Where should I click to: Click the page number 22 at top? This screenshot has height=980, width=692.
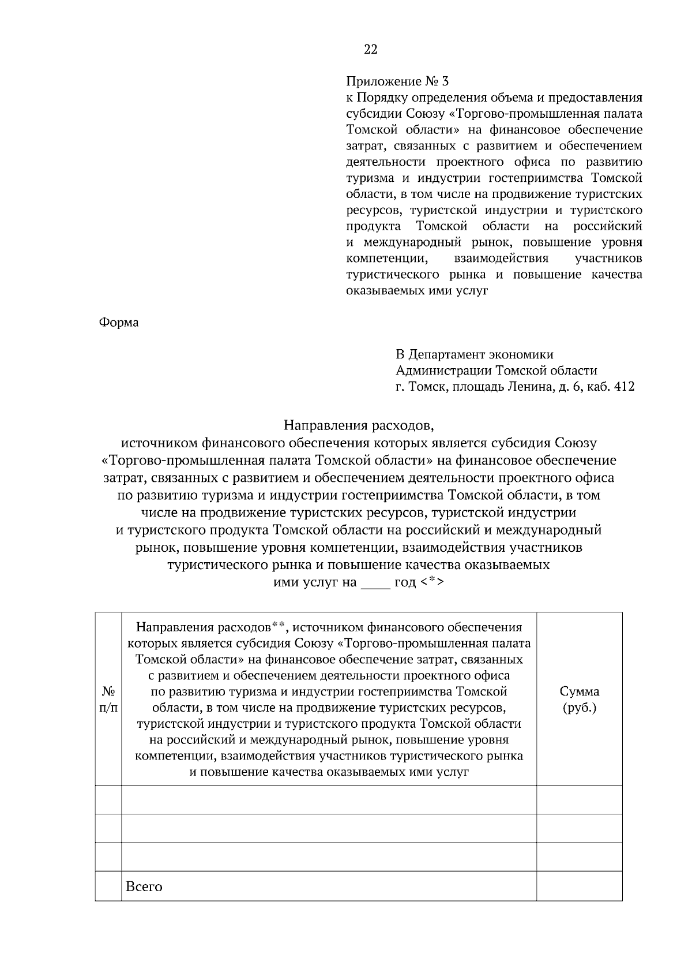371,50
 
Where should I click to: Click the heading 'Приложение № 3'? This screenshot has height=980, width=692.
397,81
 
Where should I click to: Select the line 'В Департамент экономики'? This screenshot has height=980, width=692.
474,354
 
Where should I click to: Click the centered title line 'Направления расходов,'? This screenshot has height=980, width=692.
358,427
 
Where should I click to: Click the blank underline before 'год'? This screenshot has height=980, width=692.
375,583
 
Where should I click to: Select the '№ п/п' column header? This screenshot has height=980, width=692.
108,700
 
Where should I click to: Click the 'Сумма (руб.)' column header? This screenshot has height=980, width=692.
580,700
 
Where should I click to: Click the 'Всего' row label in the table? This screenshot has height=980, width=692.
144,887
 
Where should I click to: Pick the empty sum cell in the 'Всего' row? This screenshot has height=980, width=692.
580,887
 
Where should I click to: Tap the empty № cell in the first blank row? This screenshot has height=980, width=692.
108,800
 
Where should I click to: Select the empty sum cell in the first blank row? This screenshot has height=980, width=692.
580,800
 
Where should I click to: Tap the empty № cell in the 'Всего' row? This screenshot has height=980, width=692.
108,887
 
